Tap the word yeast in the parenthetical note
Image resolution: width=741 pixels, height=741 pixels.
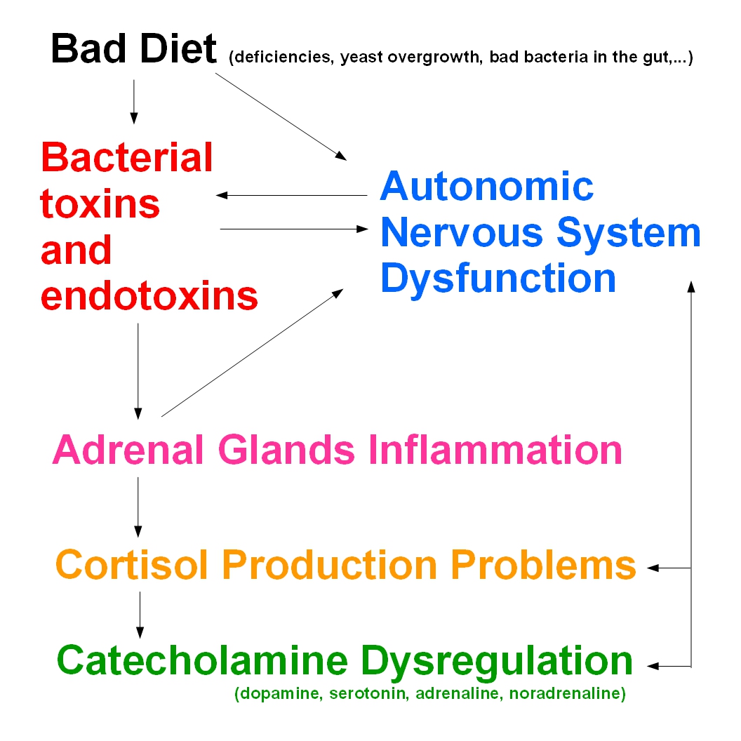(x=361, y=57)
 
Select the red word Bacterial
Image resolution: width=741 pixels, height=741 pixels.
(x=126, y=157)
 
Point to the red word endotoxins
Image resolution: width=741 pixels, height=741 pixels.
(x=149, y=296)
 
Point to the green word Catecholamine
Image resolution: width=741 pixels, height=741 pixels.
(x=202, y=660)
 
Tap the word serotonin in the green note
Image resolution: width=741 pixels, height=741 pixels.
(x=370, y=693)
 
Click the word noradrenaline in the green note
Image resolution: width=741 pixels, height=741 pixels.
(x=564, y=693)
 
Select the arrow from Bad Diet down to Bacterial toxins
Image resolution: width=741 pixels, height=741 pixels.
(x=134, y=102)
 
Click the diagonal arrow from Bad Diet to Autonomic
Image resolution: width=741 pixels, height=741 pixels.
(x=281, y=116)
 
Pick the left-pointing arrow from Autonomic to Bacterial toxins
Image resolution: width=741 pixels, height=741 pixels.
(x=292, y=195)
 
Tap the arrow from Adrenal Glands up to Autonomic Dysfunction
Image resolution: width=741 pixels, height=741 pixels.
(x=253, y=352)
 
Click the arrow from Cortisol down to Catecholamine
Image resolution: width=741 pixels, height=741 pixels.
(x=140, y=615)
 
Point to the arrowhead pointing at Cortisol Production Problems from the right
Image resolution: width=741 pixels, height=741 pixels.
(x=653, y=568)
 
